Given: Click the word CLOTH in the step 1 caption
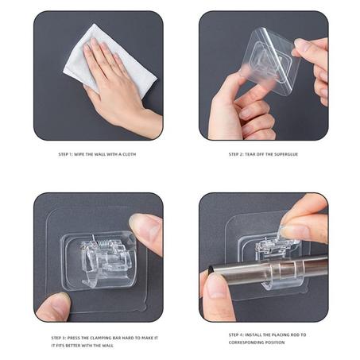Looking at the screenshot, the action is tap(129, 154).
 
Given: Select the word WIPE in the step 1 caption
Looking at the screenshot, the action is tap(79, 154).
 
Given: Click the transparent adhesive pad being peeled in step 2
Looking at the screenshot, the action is tap(270, 61).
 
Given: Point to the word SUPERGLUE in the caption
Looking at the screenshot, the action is tap(286, 154).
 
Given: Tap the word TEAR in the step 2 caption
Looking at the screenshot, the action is tap(250, 154).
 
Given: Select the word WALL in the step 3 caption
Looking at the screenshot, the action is tap(108, 346).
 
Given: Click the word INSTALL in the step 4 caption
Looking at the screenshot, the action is tap(254, 335).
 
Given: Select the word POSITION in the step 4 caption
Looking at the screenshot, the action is tap(274, 343).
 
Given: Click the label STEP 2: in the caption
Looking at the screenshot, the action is tap(235, 154).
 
